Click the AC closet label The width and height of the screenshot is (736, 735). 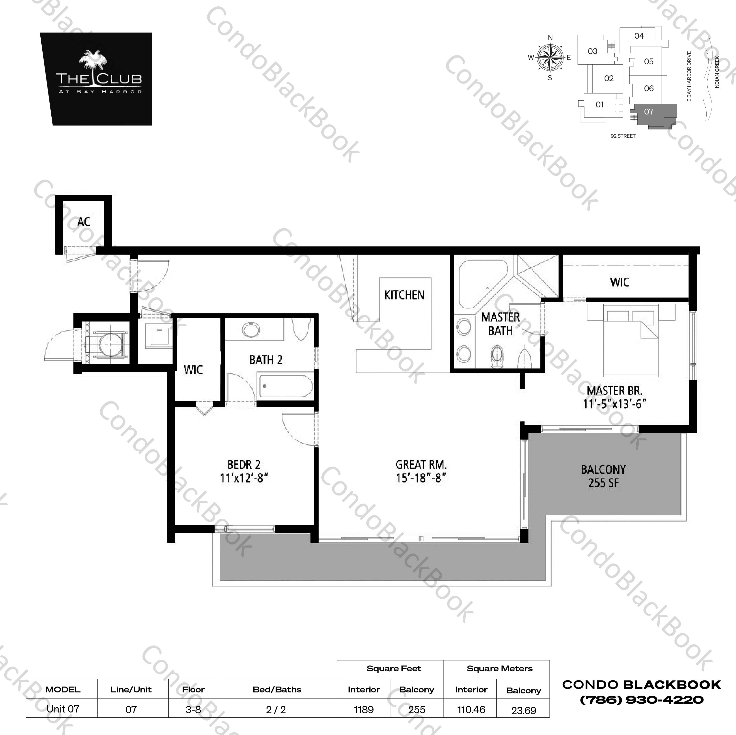(83, 222)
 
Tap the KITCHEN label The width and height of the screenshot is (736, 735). (404, 295)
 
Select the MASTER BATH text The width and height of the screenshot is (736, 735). (500, 324)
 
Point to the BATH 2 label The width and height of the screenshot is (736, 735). (266, 359)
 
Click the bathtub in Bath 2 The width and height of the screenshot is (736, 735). (286, 387)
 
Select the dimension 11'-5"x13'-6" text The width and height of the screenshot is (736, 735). (615, 404)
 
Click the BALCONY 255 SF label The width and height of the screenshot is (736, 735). (603, 476)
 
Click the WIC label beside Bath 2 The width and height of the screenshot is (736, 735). (193, 369)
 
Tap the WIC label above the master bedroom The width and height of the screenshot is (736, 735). (619, 282)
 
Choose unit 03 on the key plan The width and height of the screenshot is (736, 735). (592, 51)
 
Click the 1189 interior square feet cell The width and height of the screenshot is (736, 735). (363, 710)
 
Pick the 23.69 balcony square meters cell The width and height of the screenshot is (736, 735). (524, 710)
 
